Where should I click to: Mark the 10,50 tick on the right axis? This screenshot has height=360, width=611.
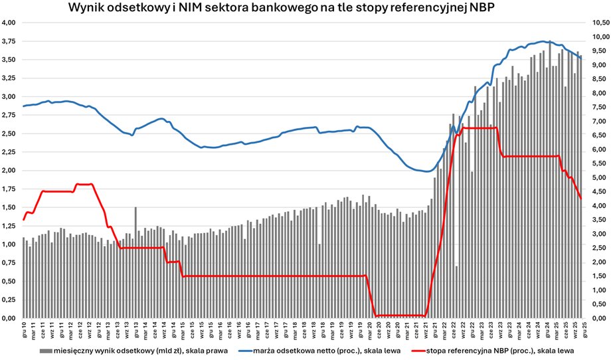coord(592,23)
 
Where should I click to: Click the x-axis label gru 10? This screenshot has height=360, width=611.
coord(24,330)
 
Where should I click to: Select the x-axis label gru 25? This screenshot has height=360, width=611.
coord(582,330)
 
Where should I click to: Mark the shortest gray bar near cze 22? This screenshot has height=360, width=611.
coord(456,292)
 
